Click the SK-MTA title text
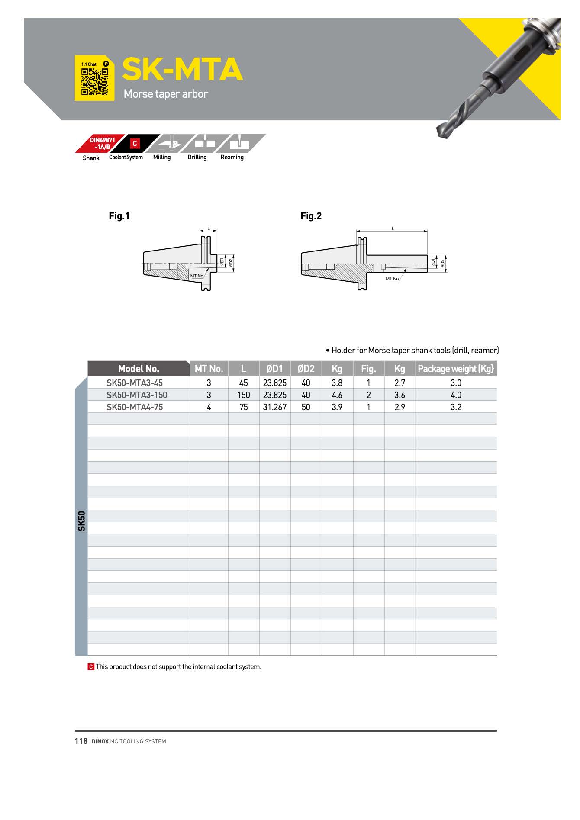tap(182, 70)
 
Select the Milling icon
tap(170, 143)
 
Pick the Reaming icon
tap(239, 143)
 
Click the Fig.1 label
tap(119, 216)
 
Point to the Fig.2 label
tap(311, 216)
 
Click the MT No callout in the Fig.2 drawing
tap(392, 279)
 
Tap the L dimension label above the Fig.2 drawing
tap(393, 228)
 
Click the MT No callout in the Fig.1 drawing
tap(197, 276)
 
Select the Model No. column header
tap(139, 369)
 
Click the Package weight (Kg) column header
tap(456, 369)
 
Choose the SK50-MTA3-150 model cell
tap(137, 395)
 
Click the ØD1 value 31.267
tap(275, 407)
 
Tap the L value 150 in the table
tap(244, 395)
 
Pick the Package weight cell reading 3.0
tap(456, 383)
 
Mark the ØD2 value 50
tap(306, 407)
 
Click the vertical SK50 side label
tap(81, 521)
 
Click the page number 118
tap(81, 741)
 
